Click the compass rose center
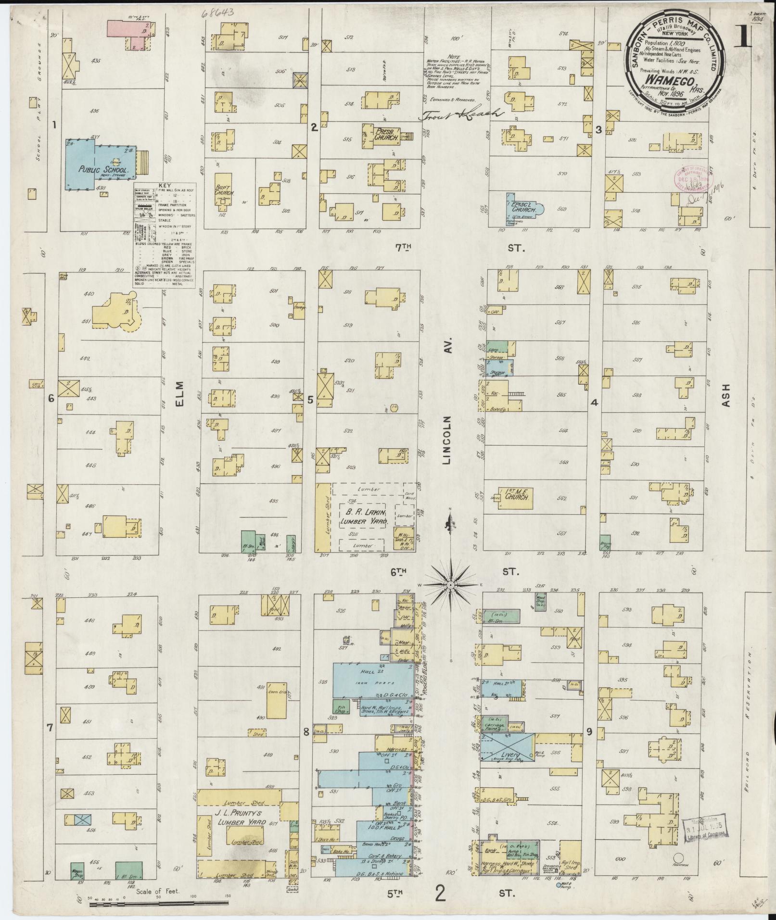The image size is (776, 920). [x=450, y=584]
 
